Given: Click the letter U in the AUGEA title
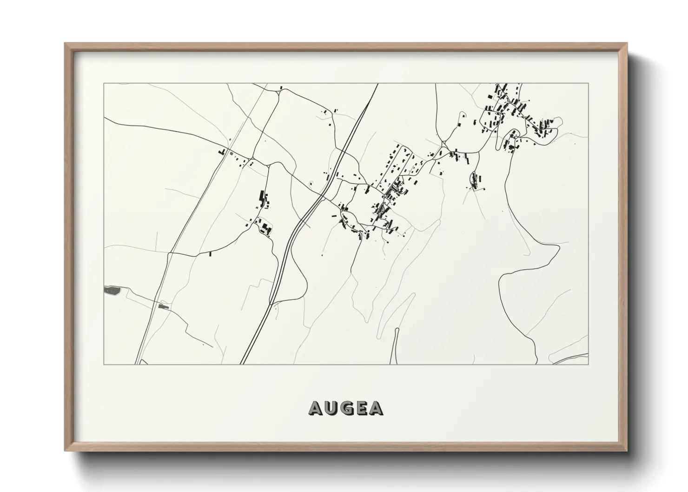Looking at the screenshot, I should pyautogui.click(x=331, y=408).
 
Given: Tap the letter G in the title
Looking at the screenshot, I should pyautogui.click(x=346, y=408).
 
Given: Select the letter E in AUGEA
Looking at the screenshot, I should pyautogui.click(x=362, y=408).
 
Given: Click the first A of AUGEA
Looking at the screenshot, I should pyautogui.click(x=315, y=408).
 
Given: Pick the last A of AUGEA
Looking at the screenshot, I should pyautogui.click(x=377, y=408).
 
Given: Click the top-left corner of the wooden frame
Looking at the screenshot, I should pyautogui.click(x=65, y=43).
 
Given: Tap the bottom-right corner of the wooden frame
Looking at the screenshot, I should pyautogui.click(x=628, y=451).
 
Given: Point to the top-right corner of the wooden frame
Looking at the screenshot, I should pyautogui.click(x=628, y=43).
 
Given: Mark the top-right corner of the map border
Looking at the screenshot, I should pyautogui.click(x=589, y=83).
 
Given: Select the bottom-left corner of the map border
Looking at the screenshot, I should pyautogui.click(x=104, y=365).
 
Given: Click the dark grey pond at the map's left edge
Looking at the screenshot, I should pyautogui.click(x=112, y=291).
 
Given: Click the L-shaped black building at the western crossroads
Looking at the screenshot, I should pyautogui.click(x=223, y=152).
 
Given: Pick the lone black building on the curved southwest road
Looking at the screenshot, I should pyautogui.click(x=210, y=253).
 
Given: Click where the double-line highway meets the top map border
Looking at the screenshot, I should pyautogui.click(x=377, y=84).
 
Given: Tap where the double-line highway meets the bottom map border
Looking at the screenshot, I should pyautogui.click(x=241, y=364).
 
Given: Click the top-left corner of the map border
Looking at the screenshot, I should pyautogui.click(x=104, y=83).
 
